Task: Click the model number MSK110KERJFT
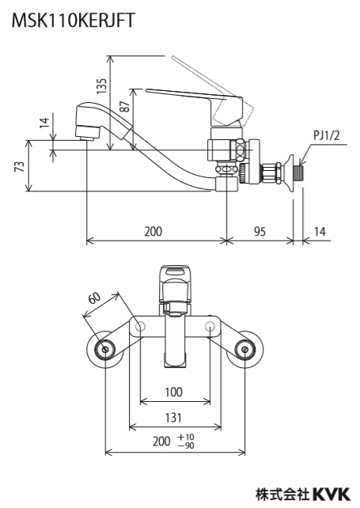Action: click(73, 21)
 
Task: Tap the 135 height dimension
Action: click(102, 86)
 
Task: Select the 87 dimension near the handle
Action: click(125, 105)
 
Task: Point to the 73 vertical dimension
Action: click(20, 166)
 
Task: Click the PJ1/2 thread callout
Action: click(326, 135)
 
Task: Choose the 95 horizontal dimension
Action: click(260, 231)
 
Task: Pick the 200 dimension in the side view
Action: click(153, 231)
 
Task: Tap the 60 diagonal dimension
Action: click(95, 298)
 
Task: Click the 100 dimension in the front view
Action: click(174, 392)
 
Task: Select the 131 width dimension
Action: click(174, 418)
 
